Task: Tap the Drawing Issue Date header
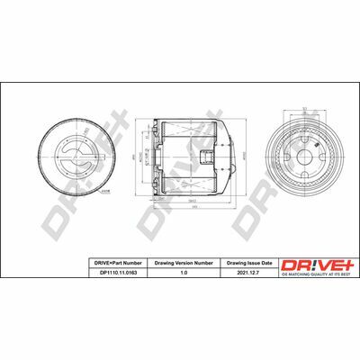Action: pos(247,261)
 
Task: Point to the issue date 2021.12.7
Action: pos(247,271)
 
